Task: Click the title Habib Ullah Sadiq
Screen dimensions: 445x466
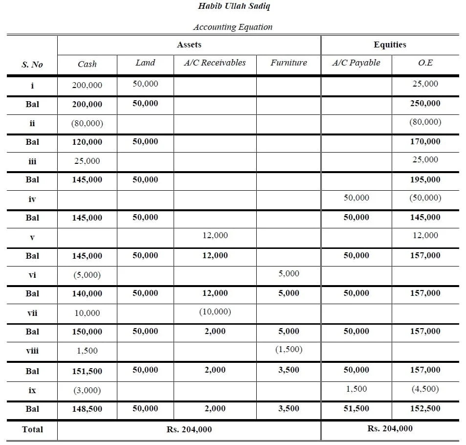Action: pos(233,6)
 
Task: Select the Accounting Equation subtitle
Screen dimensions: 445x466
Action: pos(233,27)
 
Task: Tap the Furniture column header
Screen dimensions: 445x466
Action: pos(288,63)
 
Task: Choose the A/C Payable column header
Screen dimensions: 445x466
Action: pos(356,63)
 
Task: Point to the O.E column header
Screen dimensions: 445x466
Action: pos(425,63)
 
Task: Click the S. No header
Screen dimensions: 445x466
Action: pos(32,65)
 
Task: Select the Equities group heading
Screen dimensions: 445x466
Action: pos(390,44)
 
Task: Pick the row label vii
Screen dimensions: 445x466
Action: pos(32,313)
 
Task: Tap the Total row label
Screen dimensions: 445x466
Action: pos(32,429)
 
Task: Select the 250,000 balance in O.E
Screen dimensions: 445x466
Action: pos(425,103)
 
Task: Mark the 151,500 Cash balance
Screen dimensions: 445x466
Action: pos(87,371)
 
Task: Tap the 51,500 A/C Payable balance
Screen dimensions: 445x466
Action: pos(356,408)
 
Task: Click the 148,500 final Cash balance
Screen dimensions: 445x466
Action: pos(87,409)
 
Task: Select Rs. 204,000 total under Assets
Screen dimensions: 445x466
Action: pos(189,429)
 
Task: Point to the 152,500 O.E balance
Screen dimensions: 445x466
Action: pos(425,408)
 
